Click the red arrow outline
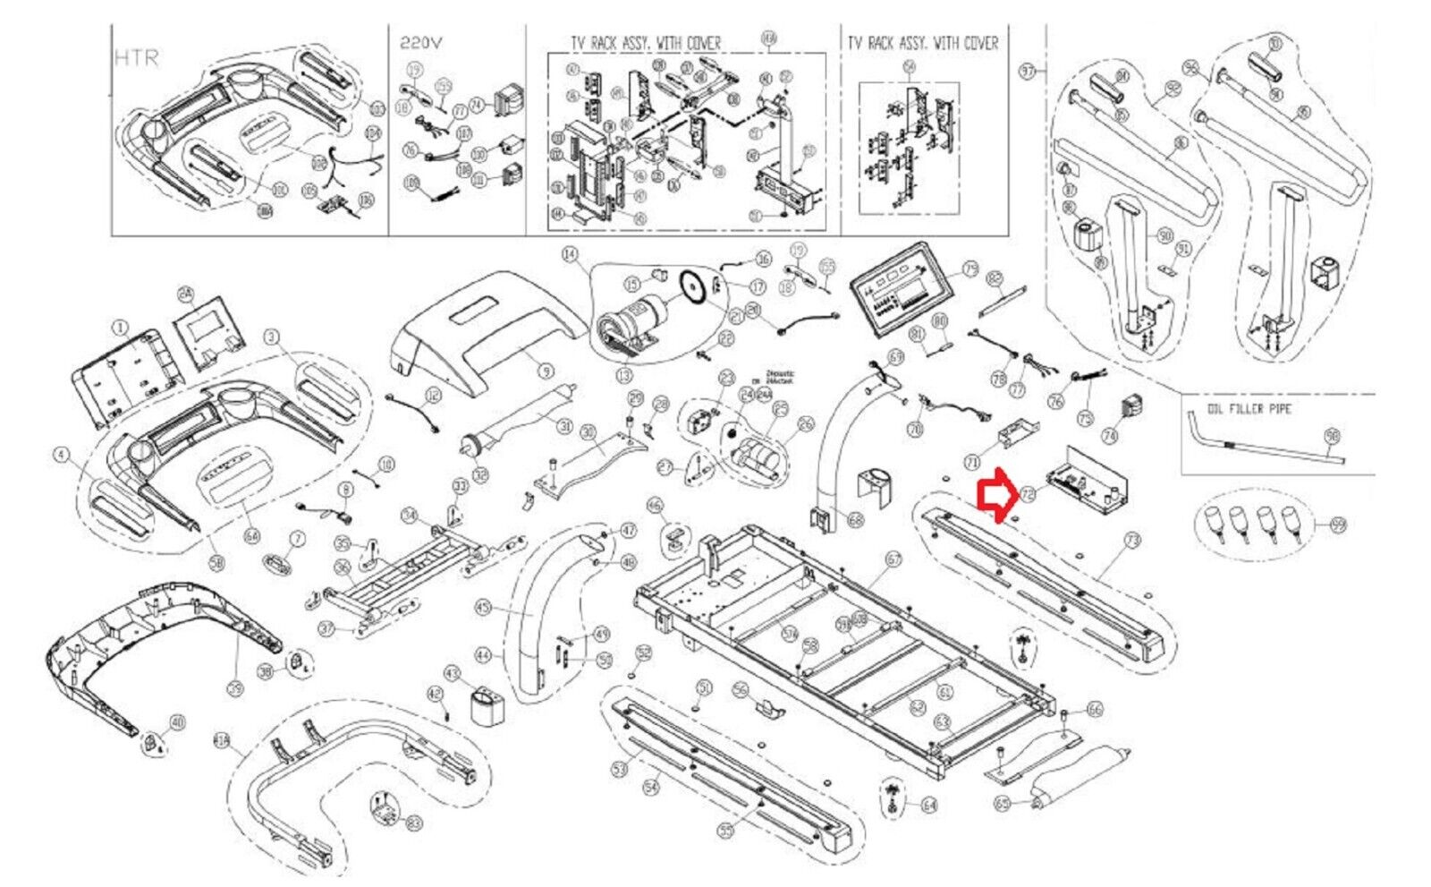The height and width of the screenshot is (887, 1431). point(994,493)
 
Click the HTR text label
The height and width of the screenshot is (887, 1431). point(137,58)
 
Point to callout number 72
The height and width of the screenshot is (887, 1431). point(1028,493)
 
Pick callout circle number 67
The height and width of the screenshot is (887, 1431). point(893,559)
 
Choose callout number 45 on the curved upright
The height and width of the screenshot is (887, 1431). point(484,609)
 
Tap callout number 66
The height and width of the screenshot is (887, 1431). point(1095,710)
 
